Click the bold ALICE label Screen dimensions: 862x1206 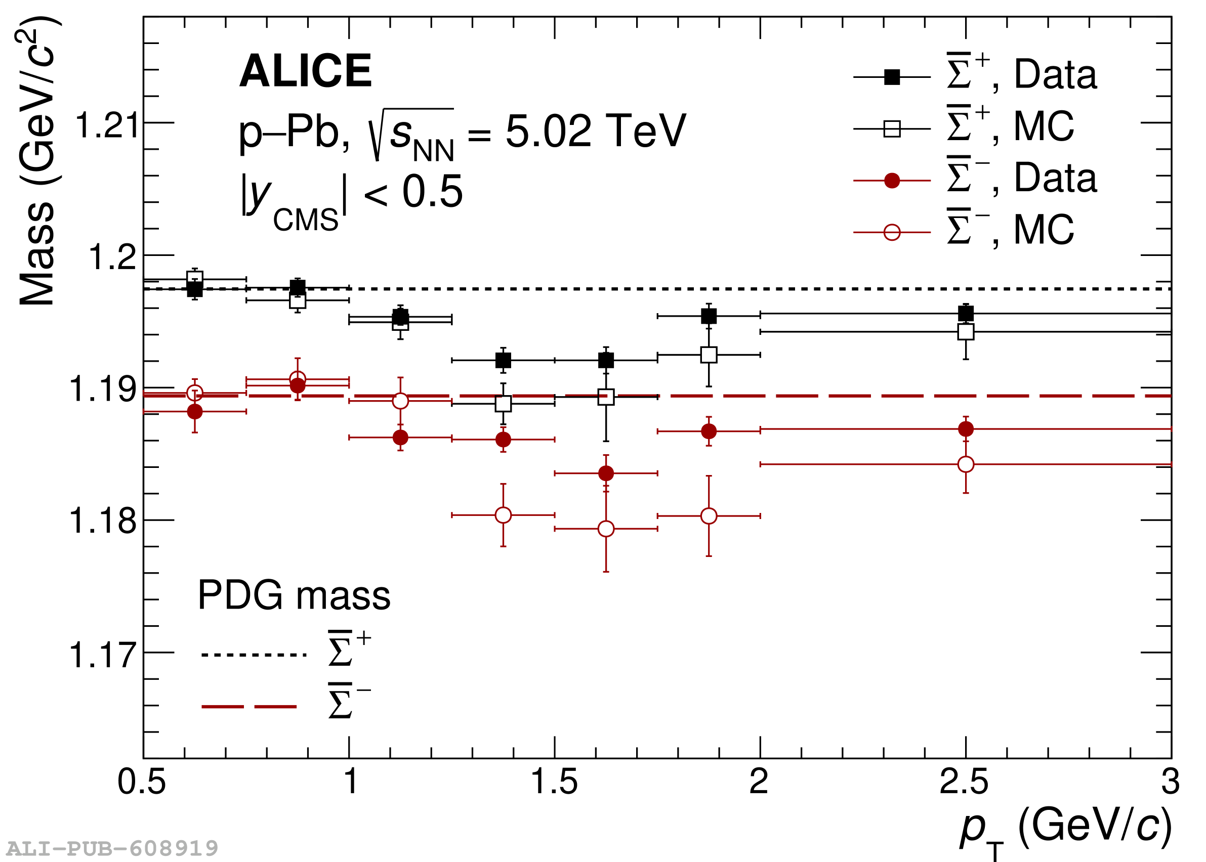click(305, 71)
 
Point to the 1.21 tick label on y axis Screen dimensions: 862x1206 click(107, 126)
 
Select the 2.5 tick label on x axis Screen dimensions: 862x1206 click(964, 782)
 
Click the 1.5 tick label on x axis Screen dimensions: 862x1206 click(554, 782)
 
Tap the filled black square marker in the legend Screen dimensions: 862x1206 click(892, 77)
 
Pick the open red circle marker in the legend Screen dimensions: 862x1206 click(892, 233)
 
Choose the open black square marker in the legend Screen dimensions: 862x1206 click(892, 129)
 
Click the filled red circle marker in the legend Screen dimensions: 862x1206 click(892, 181)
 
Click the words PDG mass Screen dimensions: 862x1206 click(294, 595)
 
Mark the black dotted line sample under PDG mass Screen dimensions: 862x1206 click(254, 655)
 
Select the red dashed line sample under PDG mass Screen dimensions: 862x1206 click(249, 707)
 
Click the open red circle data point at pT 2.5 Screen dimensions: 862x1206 click(966, 464)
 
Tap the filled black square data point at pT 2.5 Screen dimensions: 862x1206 click(966, 314)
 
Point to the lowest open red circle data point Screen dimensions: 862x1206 click(606, 529)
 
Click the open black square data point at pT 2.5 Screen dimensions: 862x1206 click(966, 332)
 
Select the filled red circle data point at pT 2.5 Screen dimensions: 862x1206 click(966, 429)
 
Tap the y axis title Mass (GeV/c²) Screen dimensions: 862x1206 click(37, 162)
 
